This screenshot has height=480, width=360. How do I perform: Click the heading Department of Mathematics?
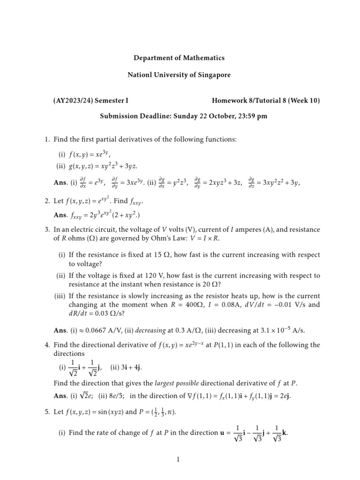(179, 58)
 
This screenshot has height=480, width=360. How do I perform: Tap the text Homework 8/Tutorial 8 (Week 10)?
(266, 100)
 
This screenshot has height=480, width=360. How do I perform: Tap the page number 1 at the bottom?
(179, 460)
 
